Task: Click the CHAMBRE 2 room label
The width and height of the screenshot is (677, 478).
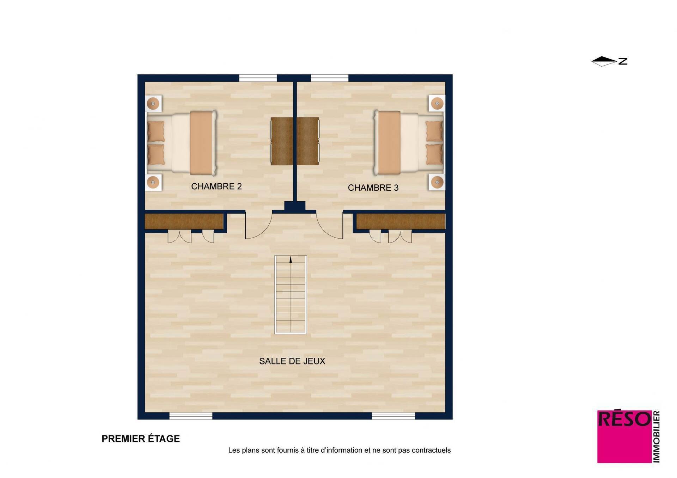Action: click(x=216, y=186)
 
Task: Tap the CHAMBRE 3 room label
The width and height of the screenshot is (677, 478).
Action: click(x=373, y=188)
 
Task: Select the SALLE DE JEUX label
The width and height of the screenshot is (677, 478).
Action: click(x=292, y=361)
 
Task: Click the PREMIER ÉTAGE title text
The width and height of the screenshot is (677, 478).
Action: click(x=141, y=439)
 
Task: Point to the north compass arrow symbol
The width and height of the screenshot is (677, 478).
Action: click(x=604, y=61)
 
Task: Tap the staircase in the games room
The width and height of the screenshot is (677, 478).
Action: click(x=291, y=295)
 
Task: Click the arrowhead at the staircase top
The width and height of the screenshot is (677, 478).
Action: click(x=291, y=260)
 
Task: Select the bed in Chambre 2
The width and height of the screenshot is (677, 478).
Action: click(x=182, y=143)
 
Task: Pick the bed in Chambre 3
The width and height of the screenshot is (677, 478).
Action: click(x=409, y=143)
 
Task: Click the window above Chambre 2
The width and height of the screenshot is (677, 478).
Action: click(x=258, y=78)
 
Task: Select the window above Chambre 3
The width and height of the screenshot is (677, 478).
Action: click(x=329, y=78)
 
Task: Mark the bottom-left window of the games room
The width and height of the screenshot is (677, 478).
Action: click(x=191, y=416)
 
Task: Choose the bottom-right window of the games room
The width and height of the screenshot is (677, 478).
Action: click(x=394, y=416)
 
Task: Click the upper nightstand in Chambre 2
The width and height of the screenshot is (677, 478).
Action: click(x=153, y=104)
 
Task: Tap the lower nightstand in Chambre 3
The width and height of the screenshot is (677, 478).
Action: click(x=437, y=182)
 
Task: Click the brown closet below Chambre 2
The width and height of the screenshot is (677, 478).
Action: click(x=184, y=222)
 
